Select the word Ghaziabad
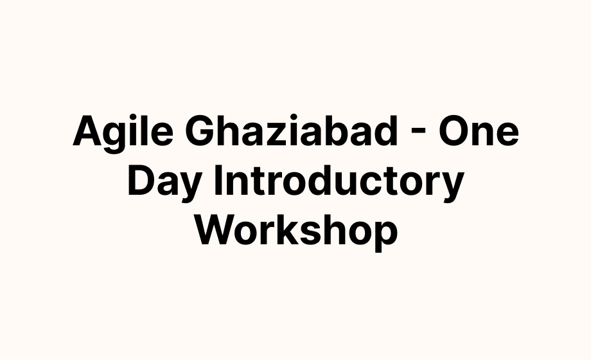(292, 130)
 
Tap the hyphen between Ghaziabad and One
(418, 133)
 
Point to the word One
(479, 131)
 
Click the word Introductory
(339, 183)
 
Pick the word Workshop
(296, 231)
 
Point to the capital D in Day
(142, 180)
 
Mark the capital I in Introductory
(218, 180)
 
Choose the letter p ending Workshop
(386, 237)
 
